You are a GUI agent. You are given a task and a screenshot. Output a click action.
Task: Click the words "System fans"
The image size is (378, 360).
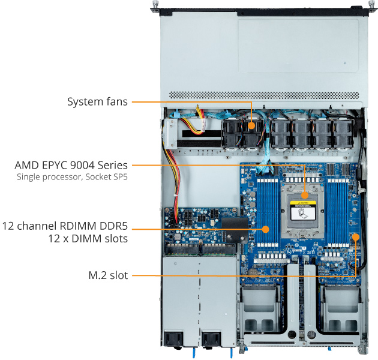point(97,102)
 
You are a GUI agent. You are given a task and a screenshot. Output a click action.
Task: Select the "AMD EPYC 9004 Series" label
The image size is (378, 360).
point(71,165)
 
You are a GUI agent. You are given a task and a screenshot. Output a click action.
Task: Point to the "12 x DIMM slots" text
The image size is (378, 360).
point(89,239)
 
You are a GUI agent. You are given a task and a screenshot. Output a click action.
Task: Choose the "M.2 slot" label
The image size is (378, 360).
point(108,275)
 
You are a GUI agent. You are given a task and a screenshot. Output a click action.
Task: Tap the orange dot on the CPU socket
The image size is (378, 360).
point(305,195)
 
